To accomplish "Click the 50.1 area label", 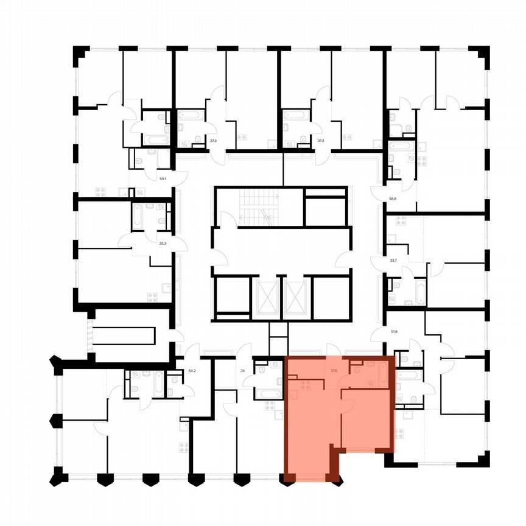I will [x=163, y=179].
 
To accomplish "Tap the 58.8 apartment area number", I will [x=393, y=198].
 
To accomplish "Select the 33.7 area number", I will [x=393, y=261].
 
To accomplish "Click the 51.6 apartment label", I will [x=393, y=332].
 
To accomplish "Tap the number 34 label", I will [x=243, y=370].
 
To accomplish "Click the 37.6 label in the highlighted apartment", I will [x=334, y=370].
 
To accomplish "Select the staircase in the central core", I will [x=258, y=207].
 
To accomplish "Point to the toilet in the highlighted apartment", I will [x=355, y=366].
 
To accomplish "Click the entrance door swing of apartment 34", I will [x=244, y=351].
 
